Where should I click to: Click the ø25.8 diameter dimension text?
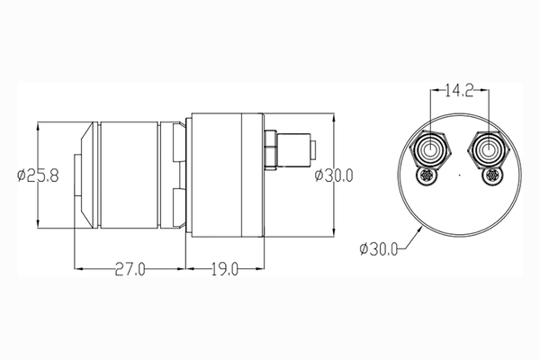pyautogui.click(x=38, y=175)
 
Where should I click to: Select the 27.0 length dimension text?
pyautogui.click(x=130, y=269)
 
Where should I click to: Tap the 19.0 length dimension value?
pyautogui.click(x=224, y=269)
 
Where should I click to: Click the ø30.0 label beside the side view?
pyautogui.click(x=334, y=175)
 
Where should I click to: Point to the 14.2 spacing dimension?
pyautogui.click(x=459, y=91)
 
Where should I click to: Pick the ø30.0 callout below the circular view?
pyautogui.click(x=379, y=248)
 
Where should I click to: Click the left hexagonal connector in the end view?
pyautogui.click(x=430, y=150)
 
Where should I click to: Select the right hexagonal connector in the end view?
pyautogui.click(x=488, y=150)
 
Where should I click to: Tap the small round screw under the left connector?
pyautogui.click(x=427, y=175)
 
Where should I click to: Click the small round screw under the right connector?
pyautogui.click(x=491, y=175)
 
